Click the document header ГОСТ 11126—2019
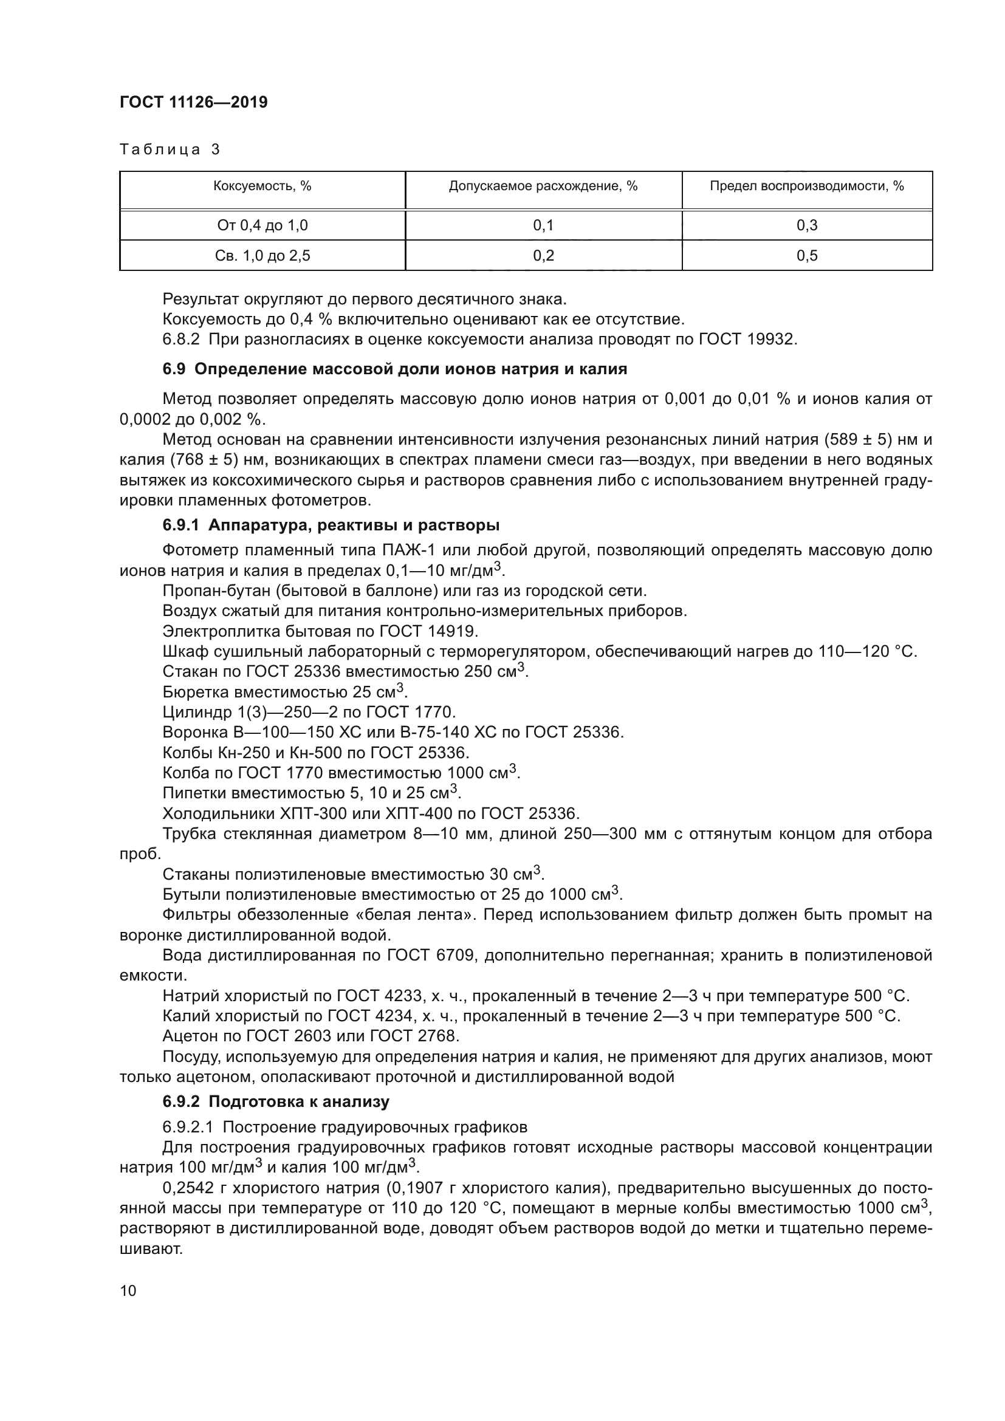point(193,102)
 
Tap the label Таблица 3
point(170,149)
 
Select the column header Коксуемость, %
point(262,186)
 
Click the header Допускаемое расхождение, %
point(543,186)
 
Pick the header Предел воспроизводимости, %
point(806,186)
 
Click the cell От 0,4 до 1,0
point(262,225)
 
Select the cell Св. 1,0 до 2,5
point(262,256)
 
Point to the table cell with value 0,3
point(806,225)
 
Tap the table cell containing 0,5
point(806,256)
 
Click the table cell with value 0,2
point(543,256)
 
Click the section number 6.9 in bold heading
point(174,369)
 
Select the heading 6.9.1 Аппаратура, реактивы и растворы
point(331,525)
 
